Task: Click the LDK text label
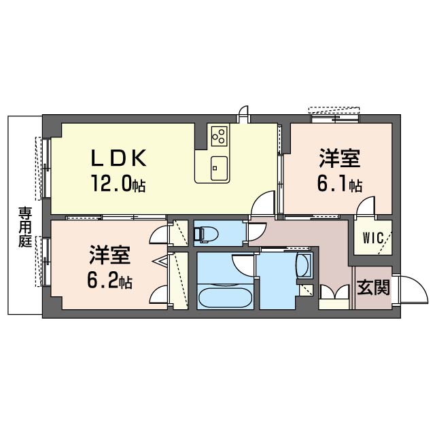tap(119, 158)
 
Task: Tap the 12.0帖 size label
tap(119, 184)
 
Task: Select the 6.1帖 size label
tap(338, 184)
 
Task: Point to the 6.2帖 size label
tap(109, 281)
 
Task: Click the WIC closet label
tap(372, 238)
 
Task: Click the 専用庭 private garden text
tap(25, 227)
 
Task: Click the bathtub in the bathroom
tap(224, 297)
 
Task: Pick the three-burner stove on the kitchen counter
tap(219, 136)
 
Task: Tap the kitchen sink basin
tap(219, 165)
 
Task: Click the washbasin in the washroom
tap(304, 266)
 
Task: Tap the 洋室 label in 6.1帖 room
tap(338, 159)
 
